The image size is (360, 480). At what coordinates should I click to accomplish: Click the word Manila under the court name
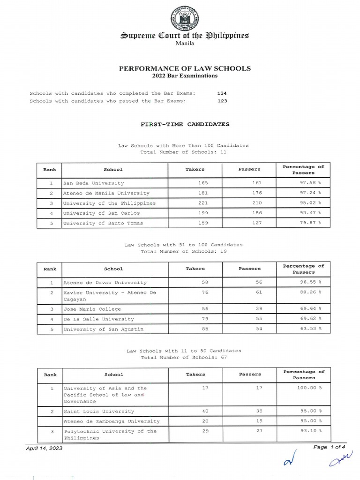(184, 43)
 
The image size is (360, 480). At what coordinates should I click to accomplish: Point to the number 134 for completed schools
(222, 93)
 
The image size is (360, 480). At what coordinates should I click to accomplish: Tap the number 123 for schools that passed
(222, 101)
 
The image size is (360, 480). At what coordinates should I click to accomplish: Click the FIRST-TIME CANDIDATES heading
(185, 125)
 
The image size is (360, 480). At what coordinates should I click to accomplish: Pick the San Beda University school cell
(94, 183)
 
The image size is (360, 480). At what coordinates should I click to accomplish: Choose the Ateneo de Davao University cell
(105, 283)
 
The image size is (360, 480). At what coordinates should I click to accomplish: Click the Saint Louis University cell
(98, 411)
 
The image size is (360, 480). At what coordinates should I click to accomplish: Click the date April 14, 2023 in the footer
(44, 448)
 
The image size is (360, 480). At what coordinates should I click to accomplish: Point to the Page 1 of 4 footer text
(327, 447)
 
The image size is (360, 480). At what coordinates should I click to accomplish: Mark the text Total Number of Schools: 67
(184, 357)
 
